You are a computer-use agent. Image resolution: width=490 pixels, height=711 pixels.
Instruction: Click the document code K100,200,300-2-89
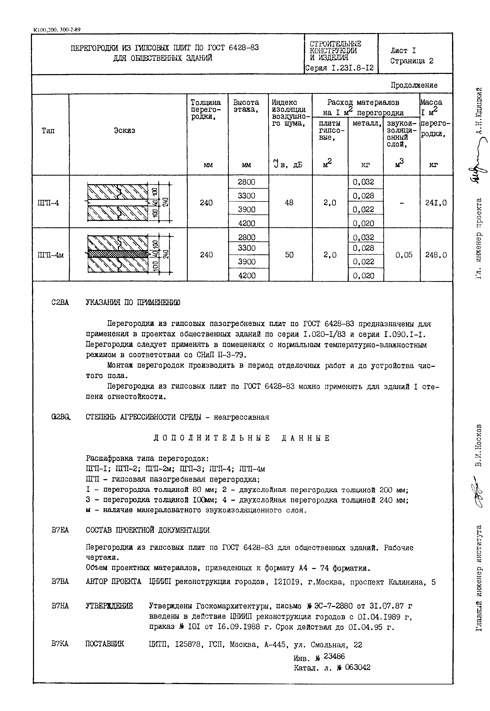click(x=57, y=30)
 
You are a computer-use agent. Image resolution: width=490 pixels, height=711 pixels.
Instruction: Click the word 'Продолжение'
click(x=414, y=85)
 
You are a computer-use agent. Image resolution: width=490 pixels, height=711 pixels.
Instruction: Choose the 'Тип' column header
click(x=48, y=131)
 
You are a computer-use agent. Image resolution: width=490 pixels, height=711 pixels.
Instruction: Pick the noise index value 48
click(x=289, y=202)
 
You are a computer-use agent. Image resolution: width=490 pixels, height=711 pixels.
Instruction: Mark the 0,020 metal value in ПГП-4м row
click(x=363, y=276)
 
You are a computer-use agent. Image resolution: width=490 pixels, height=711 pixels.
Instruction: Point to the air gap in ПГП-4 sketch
click(x=118, y=202)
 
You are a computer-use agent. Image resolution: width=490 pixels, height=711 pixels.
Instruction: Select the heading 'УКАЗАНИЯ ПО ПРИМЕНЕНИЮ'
click(x=133, y=302)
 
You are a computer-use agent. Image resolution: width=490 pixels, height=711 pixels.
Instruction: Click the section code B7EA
click(x=60, y=530)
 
